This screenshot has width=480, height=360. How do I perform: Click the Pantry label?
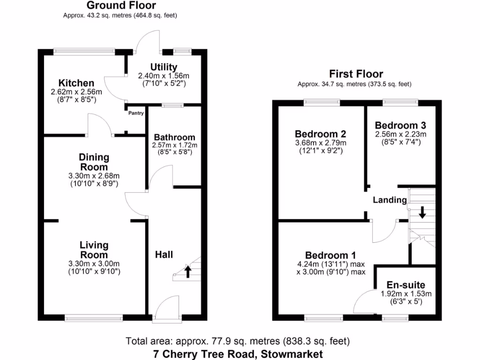[136, 113]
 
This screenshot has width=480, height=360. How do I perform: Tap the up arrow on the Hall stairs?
[187, 271]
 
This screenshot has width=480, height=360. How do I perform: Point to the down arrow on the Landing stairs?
[422, 212]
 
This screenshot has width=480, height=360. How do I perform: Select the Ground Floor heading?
[121, 6]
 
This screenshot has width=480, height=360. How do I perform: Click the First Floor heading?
[356, 74]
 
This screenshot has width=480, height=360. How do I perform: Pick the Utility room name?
[164, 67]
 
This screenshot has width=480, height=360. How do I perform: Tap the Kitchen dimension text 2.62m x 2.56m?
[76, 92]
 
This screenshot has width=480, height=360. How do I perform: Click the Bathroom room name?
[174, 137]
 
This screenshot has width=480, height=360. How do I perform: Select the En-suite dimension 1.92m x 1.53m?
[406, 294]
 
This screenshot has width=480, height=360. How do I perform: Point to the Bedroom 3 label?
[400, 125]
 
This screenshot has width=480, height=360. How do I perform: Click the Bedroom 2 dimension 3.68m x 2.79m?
[321, 143]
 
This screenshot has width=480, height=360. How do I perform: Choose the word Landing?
[390, 200]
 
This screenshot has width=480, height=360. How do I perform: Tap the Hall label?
[164, 255]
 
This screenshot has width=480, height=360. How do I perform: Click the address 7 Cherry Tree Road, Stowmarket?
[238, 353]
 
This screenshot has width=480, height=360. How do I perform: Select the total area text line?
[238, 341]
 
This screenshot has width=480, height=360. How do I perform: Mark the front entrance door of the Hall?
[166, 309]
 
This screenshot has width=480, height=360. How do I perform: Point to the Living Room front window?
[93, 318]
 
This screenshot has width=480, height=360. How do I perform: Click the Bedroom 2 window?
[322, 101]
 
